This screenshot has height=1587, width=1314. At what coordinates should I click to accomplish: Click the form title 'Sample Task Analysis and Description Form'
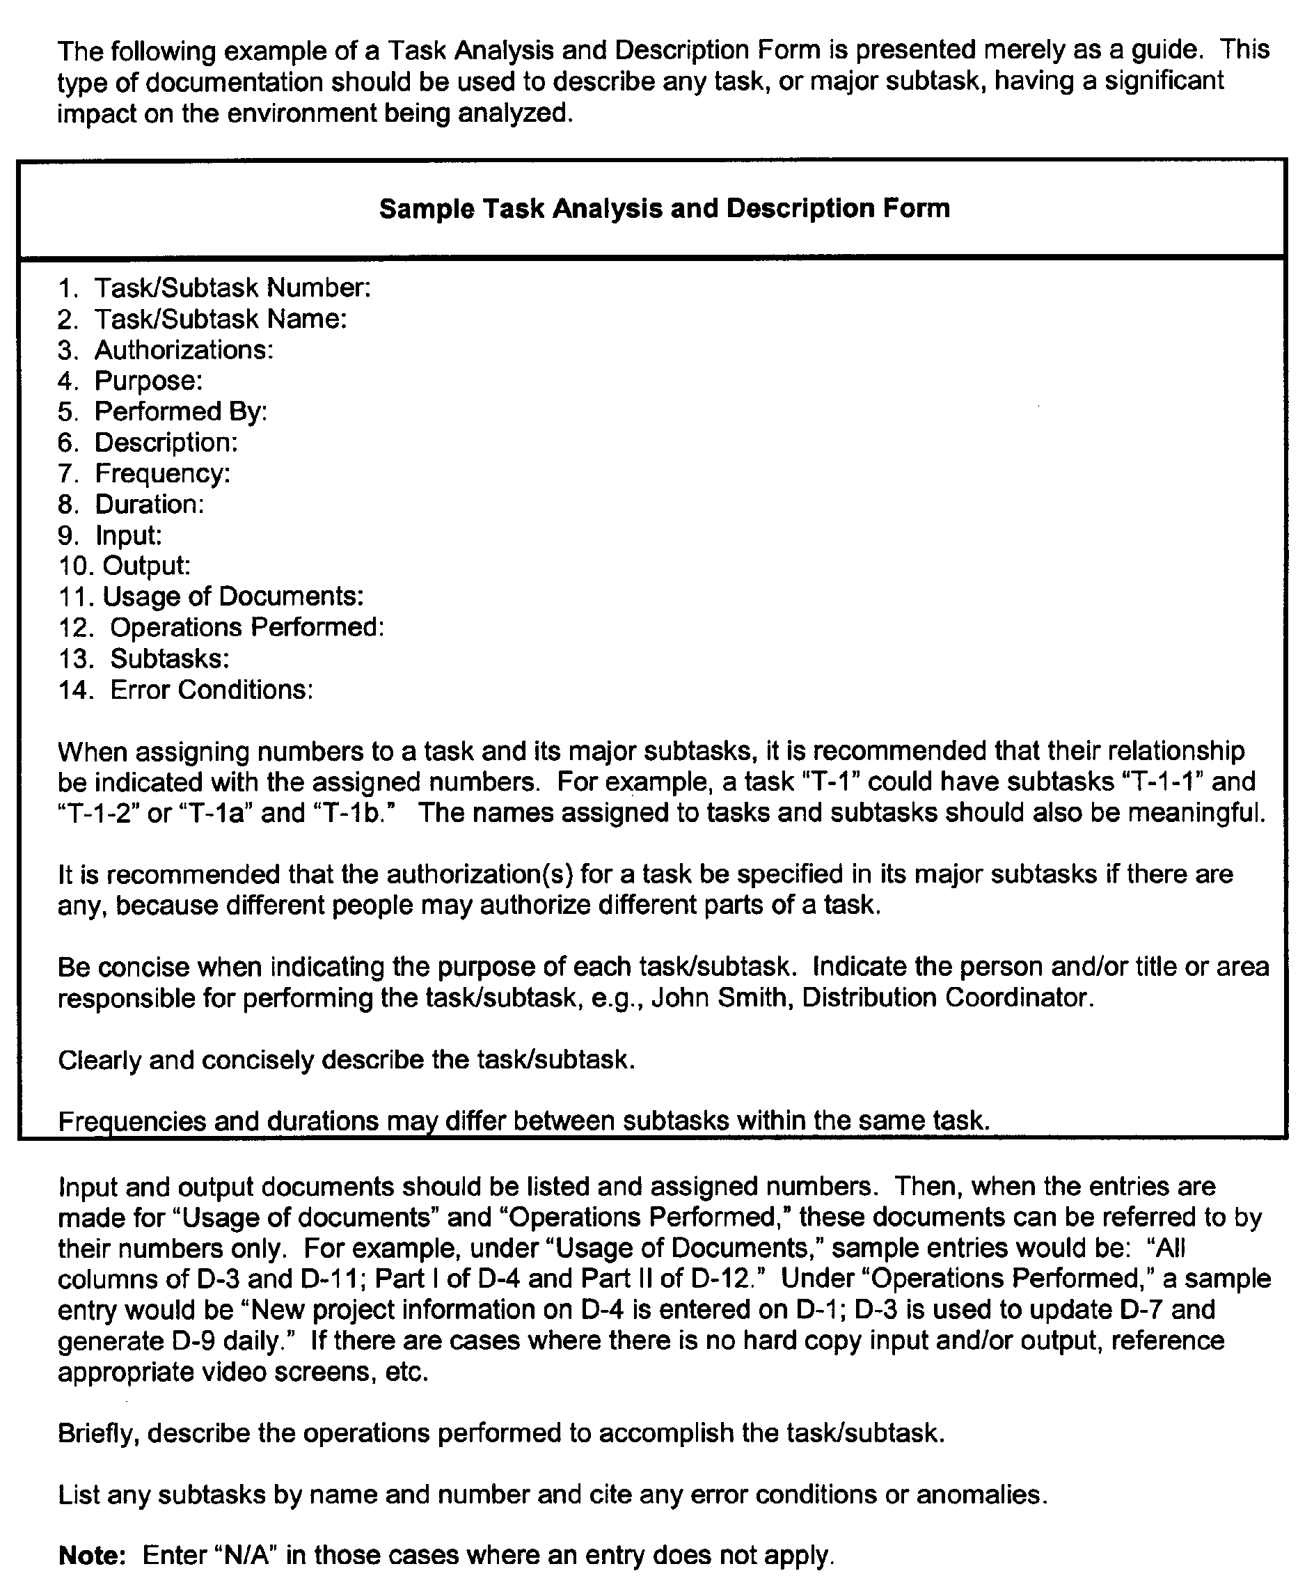[664, 209]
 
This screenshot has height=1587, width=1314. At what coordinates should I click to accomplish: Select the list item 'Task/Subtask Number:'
[232, 288]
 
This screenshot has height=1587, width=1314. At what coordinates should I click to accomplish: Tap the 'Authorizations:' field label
[184, 350]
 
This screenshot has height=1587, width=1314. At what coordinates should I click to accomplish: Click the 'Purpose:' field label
[148, 381]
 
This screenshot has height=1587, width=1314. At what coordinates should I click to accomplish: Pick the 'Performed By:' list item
[180, 412]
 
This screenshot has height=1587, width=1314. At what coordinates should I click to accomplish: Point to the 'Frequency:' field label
[162, 474]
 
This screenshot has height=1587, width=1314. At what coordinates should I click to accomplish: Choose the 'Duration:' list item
[150, 504]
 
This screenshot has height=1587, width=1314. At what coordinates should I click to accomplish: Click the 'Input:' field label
[129, 535]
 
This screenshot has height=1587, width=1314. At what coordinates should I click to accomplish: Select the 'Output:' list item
[147, 565]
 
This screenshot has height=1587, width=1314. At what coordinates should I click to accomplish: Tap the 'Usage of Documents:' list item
[232, 597]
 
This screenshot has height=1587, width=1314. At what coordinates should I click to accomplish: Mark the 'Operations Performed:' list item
[247, 627]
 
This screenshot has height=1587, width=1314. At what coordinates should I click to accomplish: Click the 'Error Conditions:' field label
[212, 689]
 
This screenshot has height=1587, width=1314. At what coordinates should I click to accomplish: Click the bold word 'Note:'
[91, 1555]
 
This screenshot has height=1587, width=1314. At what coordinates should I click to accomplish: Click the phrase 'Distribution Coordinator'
[946, 997]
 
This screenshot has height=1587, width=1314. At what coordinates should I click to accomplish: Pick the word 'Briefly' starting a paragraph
[97, 1432]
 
